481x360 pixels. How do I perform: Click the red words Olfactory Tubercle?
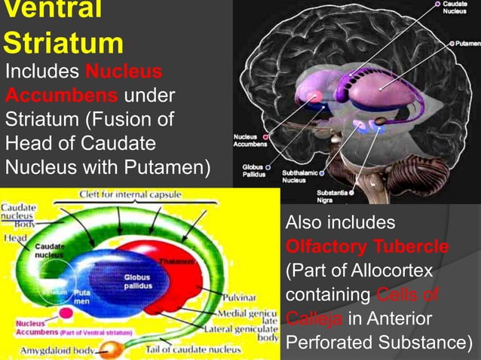pyautogui.click(x=367, y=247)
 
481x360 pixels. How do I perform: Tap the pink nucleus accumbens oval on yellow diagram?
pyautogui.click(x=66, y=311)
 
